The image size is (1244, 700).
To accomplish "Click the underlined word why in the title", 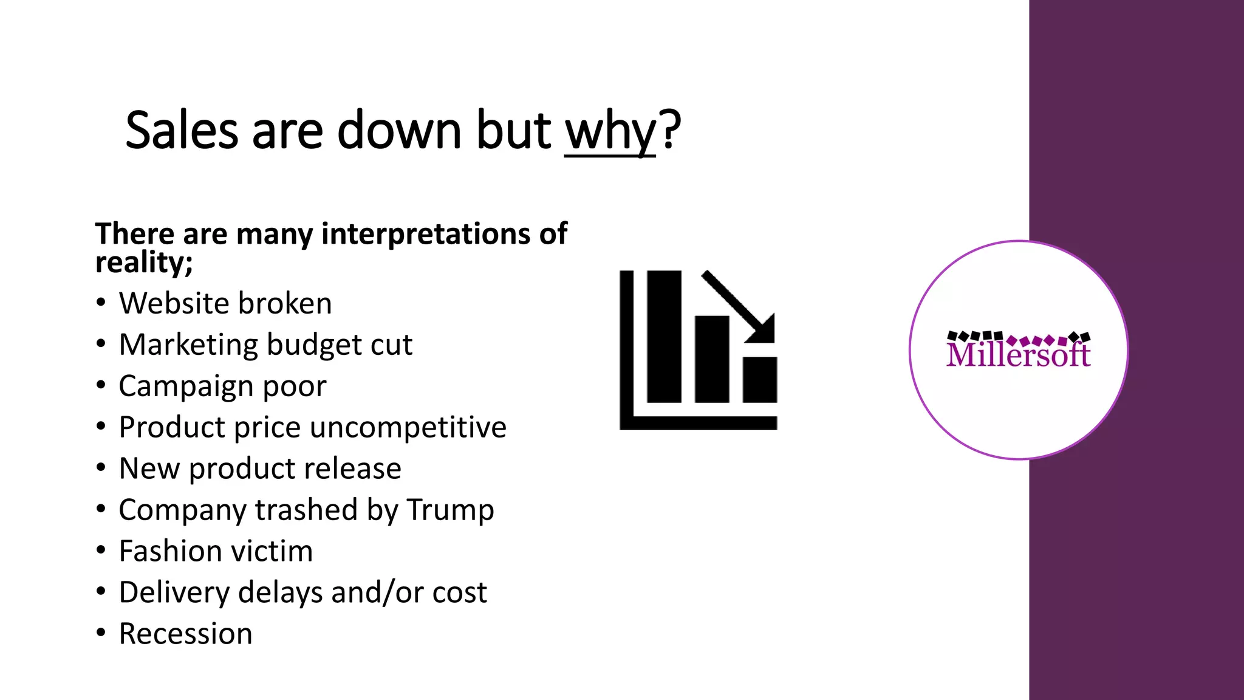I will coord(610,131).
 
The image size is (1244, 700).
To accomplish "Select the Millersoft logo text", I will coord(1018,354).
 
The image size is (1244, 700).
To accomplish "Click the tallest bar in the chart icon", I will coord(664,336).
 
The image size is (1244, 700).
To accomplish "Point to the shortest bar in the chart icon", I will coord(759,379).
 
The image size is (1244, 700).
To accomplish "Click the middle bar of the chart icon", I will coord(711,359).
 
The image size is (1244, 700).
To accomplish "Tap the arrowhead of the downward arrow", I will coord(763,331).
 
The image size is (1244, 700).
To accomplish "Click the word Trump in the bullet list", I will coord(450,510).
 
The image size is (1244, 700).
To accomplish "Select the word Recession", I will coord(185,634).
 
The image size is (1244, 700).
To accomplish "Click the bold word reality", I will coord(141,262).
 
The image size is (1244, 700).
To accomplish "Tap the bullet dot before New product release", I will coord(101,468).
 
